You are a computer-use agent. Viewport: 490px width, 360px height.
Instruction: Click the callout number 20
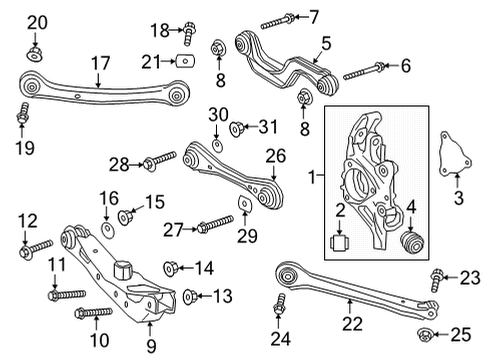37,22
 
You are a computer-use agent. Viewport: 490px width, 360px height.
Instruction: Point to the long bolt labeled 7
277,18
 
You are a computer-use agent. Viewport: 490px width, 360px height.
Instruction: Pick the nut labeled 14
169,266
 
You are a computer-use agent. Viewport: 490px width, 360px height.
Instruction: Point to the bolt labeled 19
21,120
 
